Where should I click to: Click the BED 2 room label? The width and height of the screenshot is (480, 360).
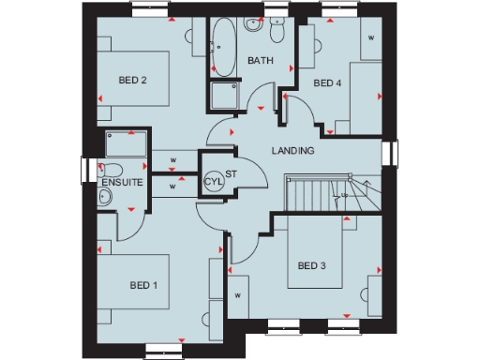click(132, 80)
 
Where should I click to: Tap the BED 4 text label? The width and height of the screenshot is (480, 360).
click(327, 83)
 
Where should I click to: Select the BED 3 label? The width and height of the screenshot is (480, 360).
click(312, 265)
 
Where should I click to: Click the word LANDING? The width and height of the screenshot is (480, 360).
click(292, 151)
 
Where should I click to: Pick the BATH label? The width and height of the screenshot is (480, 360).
click(260, 61)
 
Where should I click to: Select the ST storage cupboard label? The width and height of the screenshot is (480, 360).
click(232, 173)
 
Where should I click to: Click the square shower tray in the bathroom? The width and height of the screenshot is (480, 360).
click(225, 97)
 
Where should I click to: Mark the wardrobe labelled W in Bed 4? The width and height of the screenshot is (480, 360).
click(371, 38)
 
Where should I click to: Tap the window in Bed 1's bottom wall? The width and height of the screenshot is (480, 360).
click(159, 349)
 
